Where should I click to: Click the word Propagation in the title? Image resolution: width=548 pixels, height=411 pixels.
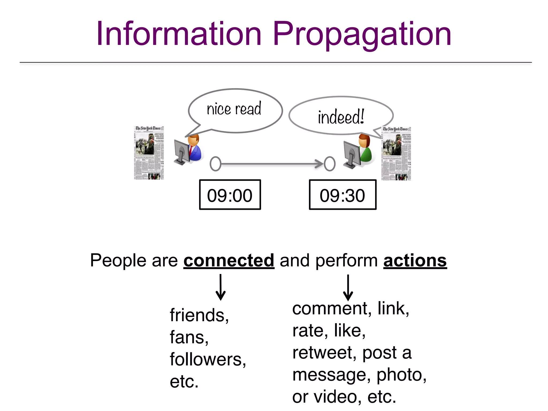[x=362, y=35]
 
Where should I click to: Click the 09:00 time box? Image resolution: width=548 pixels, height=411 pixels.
[x=230, y=195]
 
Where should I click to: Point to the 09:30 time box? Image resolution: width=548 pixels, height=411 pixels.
[x=342, y=195]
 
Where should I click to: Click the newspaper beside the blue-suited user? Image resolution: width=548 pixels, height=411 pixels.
[x=149, y=153]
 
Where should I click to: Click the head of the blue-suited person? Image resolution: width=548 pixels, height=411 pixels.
[x=194, y=139]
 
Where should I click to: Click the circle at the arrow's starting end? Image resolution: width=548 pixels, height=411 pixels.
[x=215, y=164]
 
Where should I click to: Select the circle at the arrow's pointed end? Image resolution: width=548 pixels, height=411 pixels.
[x=330, y=164]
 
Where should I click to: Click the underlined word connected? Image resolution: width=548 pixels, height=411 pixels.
[x=229, y=260]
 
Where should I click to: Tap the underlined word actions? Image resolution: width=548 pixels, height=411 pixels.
[x=415, y=260]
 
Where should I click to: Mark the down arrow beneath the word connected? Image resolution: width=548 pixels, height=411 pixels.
[x=220, y=287]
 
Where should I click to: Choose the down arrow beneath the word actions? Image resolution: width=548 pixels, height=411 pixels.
[x=348, y=287]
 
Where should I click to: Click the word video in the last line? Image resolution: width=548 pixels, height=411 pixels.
[x=337, y=397]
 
